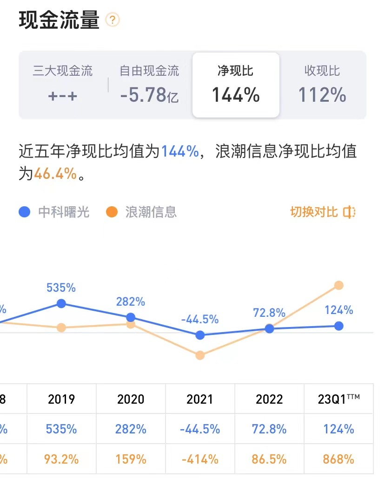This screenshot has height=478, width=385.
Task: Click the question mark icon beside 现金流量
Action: pos(113,20)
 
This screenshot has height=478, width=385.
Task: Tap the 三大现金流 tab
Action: pos(62,84)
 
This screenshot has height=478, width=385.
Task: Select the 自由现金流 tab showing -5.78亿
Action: pos(149,84)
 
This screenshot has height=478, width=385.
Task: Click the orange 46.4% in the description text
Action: pos(55,174)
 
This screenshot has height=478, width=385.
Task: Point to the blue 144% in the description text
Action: pos(180,151)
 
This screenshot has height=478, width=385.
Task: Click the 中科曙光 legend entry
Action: pos(54,212)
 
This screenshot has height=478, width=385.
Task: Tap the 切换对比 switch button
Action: pos(323,212)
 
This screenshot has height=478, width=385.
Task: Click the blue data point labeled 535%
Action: pos(61,303)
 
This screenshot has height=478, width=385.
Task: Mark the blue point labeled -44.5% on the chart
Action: pos(200,335)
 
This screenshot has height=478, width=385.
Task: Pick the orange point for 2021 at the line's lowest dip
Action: pos(200,355)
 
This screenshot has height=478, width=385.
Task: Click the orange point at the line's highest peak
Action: pos(339,285)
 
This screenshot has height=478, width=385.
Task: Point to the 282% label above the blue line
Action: pos(131,301)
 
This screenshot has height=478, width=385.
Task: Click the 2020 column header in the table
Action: pos(131,399)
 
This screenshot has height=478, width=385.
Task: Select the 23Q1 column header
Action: pos(339,399)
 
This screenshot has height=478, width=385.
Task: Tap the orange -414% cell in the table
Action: pos(200,459)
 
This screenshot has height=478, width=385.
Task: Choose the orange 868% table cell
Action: pos(339,459)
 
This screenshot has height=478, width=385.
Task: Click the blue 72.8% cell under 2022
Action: pos(269,429)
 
